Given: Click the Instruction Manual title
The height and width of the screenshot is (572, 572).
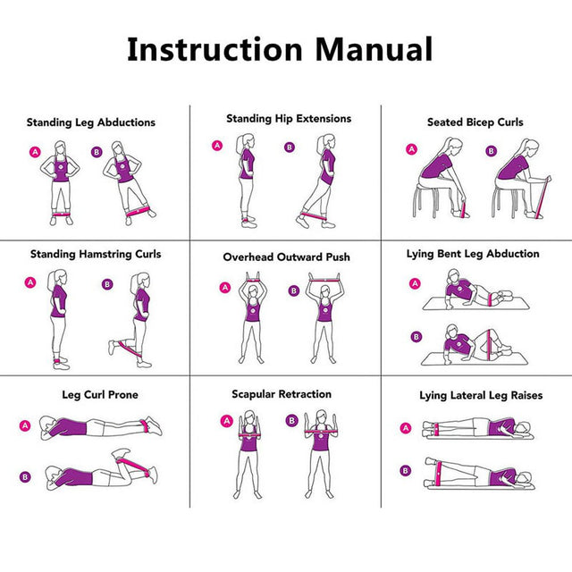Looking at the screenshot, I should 280,48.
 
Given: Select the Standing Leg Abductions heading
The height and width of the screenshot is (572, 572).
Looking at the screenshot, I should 90,122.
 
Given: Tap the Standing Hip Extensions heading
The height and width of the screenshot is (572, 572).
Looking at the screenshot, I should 288,118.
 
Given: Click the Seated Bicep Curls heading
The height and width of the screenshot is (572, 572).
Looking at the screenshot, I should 475,122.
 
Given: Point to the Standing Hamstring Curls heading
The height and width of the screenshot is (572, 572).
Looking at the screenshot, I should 96,254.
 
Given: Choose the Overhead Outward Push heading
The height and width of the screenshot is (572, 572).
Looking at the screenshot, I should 286,257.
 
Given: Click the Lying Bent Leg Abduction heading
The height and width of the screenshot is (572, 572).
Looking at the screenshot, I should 473,254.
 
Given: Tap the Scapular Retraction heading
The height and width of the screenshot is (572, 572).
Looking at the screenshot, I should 282,393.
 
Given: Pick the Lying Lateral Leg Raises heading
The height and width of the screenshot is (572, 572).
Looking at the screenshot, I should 481,395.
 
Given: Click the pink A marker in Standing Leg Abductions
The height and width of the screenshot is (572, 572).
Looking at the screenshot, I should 36,153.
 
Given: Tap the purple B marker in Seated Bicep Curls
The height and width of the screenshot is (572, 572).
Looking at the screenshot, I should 491,151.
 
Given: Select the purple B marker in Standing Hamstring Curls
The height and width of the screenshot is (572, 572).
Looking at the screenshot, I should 108,284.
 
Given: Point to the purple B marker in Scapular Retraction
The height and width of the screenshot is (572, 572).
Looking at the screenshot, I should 291,420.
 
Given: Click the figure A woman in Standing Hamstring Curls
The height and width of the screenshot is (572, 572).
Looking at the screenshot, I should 59,317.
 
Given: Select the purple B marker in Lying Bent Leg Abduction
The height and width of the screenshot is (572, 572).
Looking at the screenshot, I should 415,337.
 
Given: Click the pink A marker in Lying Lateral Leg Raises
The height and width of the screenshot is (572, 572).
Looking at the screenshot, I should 405,428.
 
